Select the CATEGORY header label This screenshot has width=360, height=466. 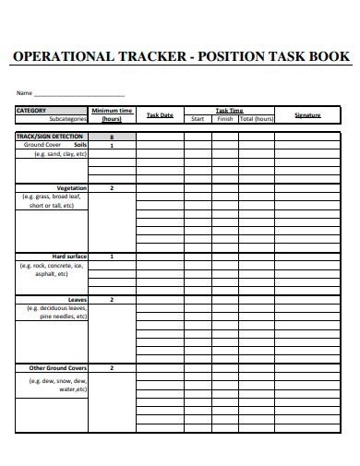(x=31, y=111)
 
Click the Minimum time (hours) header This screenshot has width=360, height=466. (x=112, y=114)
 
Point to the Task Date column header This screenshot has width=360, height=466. (x=160, y=115)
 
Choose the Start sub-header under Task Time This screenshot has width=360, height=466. (x=198, y=119)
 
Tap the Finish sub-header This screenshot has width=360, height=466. (x=224, y=119)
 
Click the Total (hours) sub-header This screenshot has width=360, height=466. (x=258, y=119)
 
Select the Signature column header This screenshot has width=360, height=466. (x=307, y=115)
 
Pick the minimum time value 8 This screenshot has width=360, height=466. (x=112, y=137)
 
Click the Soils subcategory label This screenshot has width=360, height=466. (x=79, y=145)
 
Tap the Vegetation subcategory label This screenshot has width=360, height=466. (x=71, y=187)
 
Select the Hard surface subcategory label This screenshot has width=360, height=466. (x=69, y=256)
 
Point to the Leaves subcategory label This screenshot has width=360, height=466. (x=77, y=299)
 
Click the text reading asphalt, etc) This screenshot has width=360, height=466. (x=52, y=274)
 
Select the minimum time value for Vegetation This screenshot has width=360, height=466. (x=112, y=187)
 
